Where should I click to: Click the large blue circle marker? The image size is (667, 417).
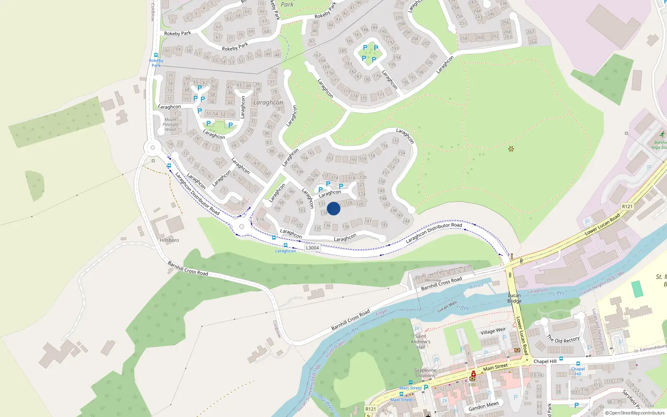coord(333,208)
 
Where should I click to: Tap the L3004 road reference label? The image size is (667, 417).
coord(312,248)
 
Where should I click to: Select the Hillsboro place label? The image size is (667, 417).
coord(169,240)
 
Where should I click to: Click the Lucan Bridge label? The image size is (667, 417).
coord(514,298)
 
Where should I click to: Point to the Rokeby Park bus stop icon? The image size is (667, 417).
coord(156,55)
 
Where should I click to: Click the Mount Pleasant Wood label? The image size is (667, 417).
coord(171,124)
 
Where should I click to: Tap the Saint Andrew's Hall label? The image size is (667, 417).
coord(421,342)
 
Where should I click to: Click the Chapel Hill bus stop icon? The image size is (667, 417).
coord(578,364)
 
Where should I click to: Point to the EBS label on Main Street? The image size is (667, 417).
coord(472,384)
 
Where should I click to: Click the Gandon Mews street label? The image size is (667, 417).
coord(484,406)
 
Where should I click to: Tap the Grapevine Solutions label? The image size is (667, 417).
coord(425,373)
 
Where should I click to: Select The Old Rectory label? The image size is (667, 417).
coord(563,339)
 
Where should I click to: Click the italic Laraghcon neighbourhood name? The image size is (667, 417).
coord(268,103)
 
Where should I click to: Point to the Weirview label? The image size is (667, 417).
coord(433,280)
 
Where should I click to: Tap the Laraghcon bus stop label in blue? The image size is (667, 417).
coord(285,251)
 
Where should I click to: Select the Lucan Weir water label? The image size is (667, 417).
coord(447,306)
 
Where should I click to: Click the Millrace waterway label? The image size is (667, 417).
coord(476,286)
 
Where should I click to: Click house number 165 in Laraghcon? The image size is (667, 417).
coord(311,153)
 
